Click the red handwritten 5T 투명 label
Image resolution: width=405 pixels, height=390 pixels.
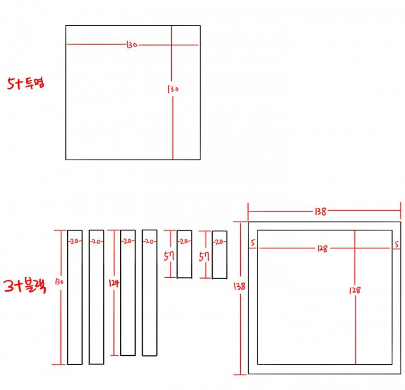[26, 83]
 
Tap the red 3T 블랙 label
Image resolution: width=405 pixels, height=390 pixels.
[25, 286]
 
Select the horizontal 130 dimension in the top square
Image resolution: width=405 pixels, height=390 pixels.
[132, 45]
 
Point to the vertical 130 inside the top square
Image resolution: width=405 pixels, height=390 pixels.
[173, 89]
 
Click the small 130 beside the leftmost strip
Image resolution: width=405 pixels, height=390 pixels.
[59, 281]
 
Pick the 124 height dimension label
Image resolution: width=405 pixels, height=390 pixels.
[114, 283]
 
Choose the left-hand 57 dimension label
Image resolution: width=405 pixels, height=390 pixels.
[169, 256]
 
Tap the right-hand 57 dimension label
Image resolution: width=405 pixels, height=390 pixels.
[204, 256]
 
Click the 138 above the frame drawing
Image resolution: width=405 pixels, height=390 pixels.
[321, 212]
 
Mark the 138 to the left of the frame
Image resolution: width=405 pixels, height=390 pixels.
[240, 286]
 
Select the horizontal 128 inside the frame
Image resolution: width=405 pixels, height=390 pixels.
[323, 249]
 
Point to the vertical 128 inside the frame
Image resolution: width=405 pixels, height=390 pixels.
[355, 290]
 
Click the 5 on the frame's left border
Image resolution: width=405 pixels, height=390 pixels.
[253, 242]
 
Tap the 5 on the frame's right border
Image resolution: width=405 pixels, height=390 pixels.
[397, 244]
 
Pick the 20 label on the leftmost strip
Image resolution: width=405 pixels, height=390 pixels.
[75, 241]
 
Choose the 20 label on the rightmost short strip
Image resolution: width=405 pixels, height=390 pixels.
[219, 242]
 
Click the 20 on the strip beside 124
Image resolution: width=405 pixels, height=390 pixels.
[128, 241]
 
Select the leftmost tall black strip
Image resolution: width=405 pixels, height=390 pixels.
[75, 297]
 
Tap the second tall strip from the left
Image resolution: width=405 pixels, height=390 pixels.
[97, 297]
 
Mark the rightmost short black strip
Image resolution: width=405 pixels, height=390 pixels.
[220, 255]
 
